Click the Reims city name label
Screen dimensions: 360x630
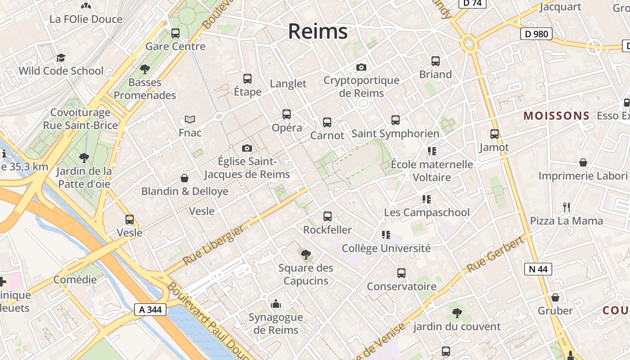point(318,31)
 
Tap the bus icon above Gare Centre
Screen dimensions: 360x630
point(175,33)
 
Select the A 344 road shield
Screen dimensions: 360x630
point(150,310)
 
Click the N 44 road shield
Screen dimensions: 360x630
point(538,269)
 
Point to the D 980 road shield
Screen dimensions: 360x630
point(536,34)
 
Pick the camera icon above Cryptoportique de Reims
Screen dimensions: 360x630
point(361,67)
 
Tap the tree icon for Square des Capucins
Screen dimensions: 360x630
point(306,255)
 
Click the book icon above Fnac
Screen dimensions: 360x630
point(190,120)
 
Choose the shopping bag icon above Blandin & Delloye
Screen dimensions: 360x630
point(184,178)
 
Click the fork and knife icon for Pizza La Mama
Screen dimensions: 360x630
point(567,207)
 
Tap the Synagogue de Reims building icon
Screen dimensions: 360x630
point(276,304)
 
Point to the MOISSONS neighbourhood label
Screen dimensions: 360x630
point(556,116)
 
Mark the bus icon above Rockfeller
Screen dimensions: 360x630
point(328,216)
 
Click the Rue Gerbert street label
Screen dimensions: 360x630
point(495,254)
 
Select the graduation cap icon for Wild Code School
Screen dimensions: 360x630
point(61,58)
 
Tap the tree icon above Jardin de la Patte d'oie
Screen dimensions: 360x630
point(84,158)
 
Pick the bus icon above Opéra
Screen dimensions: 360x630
point(287,114)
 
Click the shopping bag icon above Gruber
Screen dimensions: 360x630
point(555,297)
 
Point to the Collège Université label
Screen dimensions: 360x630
point(386,248)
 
